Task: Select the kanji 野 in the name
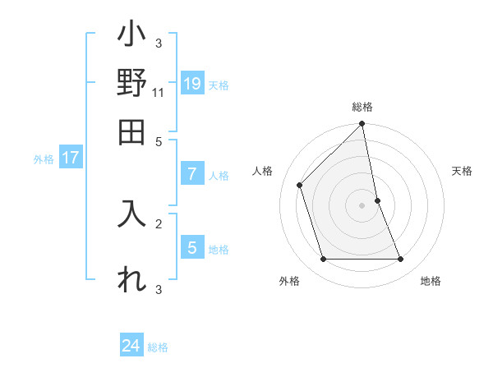[x=131, y=85]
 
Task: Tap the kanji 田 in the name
[x=131, y=131]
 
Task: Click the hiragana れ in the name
[x=131, y=279]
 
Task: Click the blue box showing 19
[x=192, y=84]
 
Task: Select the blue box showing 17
[x=70, y=159]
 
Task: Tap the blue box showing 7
[x=192, y=174]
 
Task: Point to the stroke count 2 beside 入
[x=158, y=223]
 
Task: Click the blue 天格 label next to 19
[x=218, y=85]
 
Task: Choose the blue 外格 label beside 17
[x=43, y=159]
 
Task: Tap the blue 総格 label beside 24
[x=158, y=347]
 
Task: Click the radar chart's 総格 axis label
[x=362, y=107]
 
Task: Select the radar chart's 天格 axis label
[x=462, y=171]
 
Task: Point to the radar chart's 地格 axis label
[x=431, y=281]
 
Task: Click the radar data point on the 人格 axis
[x=300, y=185]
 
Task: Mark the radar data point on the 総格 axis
[x=362, y=125]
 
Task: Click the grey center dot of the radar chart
[x=362, y=205]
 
